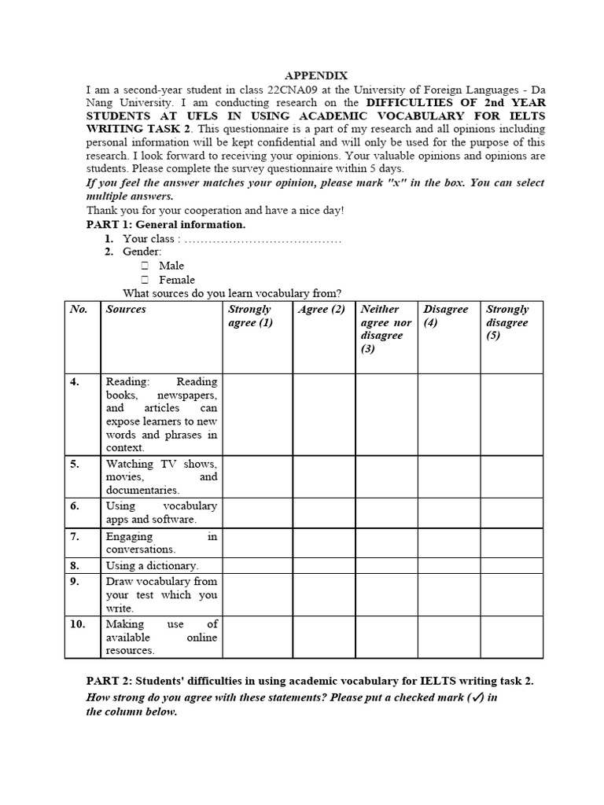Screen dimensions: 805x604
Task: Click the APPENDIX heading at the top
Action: point(315,75)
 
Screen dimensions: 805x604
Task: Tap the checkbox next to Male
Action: point(145,266)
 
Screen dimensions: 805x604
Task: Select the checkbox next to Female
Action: point(145,279)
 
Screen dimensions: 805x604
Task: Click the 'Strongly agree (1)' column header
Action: point(250,316)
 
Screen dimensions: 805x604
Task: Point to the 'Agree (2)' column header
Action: point(322,310)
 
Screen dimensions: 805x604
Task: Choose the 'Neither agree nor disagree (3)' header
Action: point(385,329)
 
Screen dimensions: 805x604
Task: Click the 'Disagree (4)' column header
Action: point(445,316)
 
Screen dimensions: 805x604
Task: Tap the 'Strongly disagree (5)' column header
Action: point(507,322)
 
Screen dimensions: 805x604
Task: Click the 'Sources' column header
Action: point(126,310)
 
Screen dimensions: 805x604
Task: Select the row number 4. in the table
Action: point(75,382)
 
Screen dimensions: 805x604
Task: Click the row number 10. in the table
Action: point(77,624)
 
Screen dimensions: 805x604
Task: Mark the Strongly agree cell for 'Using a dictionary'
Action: point(257,565)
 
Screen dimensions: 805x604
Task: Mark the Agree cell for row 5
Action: point(324,476)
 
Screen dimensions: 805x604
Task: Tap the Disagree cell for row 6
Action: point(448,513)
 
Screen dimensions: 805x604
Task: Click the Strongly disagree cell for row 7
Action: point(511,543)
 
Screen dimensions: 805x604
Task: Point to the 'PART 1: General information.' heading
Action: point(166,225)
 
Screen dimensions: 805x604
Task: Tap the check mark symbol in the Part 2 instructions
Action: point(474,698)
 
